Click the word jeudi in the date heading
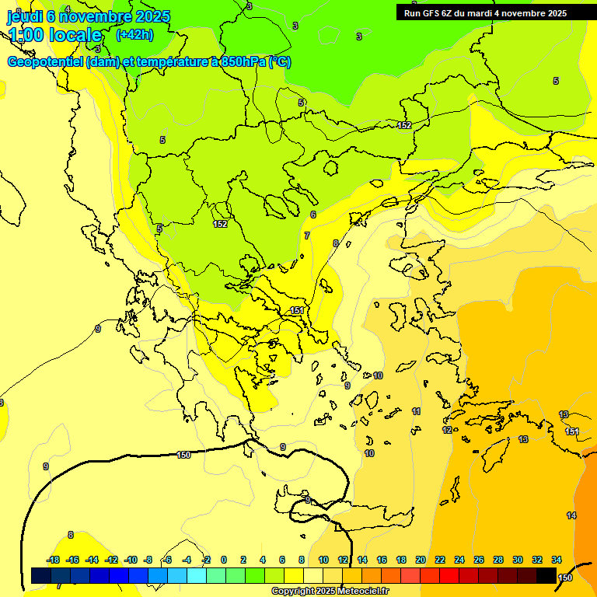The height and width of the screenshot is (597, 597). click(25, 16)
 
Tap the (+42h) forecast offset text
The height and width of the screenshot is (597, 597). click(134, 35)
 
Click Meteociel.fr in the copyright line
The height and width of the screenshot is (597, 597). click(363, 592)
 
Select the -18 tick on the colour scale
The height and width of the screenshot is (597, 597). click(53, 560)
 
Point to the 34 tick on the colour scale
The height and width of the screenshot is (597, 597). click(557, 560)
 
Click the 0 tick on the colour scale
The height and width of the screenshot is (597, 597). click(224, 560)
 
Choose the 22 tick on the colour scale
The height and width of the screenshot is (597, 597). click(440, 560)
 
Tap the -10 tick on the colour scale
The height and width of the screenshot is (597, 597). click(131, 560)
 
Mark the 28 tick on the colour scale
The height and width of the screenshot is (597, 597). click(498, 560)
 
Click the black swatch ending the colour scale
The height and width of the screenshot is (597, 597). click(546, 575)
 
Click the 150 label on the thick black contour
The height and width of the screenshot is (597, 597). click(183, 455)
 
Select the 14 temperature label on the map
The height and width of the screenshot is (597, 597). click(571, 515)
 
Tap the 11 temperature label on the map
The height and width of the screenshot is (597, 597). click(417, 411)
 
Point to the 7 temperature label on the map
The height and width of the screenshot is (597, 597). click(307, 236)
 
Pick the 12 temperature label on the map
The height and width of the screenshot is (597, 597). click(447, 430)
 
